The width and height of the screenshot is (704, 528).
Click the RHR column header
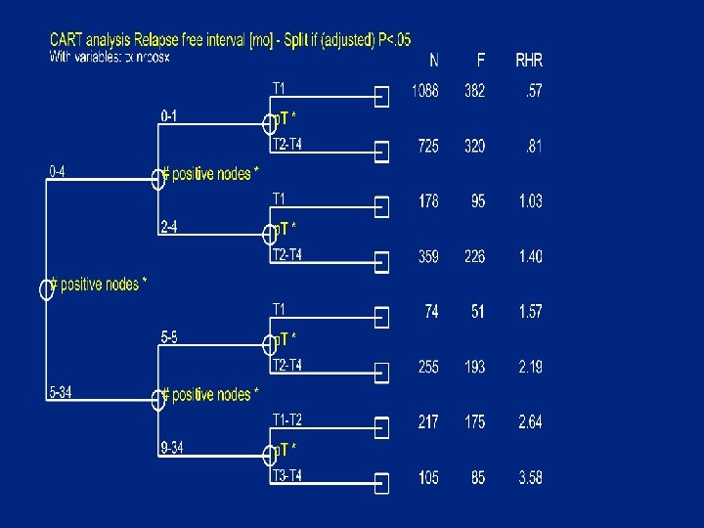(529, 61)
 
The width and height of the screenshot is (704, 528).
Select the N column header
(433, 61)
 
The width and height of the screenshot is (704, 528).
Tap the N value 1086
(425, 92)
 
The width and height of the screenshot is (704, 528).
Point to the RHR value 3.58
(530, 478)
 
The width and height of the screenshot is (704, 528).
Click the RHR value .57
(534, 92)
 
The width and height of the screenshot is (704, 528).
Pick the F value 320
(474, 147)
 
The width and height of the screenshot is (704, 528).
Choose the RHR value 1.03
(530, 201)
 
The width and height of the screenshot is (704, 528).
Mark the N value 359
(428, 256)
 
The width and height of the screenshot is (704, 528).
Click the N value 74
(431, 312)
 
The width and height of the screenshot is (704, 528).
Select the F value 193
(474, 368)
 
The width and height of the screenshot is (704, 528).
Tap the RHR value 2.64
(530, 422)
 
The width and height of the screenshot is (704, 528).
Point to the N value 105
(428, 478)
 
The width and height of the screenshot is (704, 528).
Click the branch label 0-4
(60, 171)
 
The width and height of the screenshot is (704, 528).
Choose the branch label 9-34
(172, 449)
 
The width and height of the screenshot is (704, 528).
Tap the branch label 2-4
(169, 228)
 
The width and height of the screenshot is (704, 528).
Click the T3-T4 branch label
(286, 476)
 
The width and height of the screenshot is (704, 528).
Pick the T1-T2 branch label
(286, 420)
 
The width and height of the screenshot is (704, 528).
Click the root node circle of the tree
(45, 289)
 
